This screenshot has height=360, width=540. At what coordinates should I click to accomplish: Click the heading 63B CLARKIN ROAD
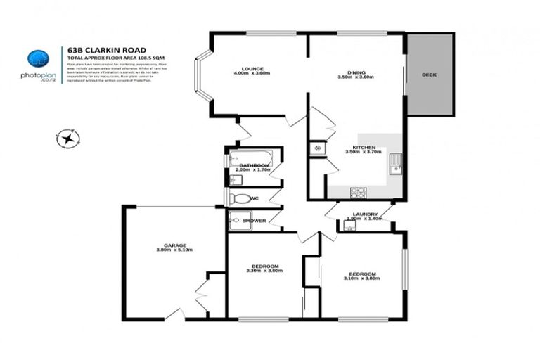pos(107,50)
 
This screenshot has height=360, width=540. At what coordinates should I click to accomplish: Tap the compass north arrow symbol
pos(68,138)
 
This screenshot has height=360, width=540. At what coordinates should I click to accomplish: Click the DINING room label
pos(354,72)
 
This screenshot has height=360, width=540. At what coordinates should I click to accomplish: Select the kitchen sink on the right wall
pos(397,163)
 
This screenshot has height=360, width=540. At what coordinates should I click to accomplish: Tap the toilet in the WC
pos(240,199)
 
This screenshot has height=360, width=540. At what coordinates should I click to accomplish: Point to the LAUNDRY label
pos(365,214)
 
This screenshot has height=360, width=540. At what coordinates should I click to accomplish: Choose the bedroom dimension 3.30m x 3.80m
pos(264,271)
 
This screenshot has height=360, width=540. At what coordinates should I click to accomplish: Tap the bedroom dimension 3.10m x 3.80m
pos(362,278)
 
